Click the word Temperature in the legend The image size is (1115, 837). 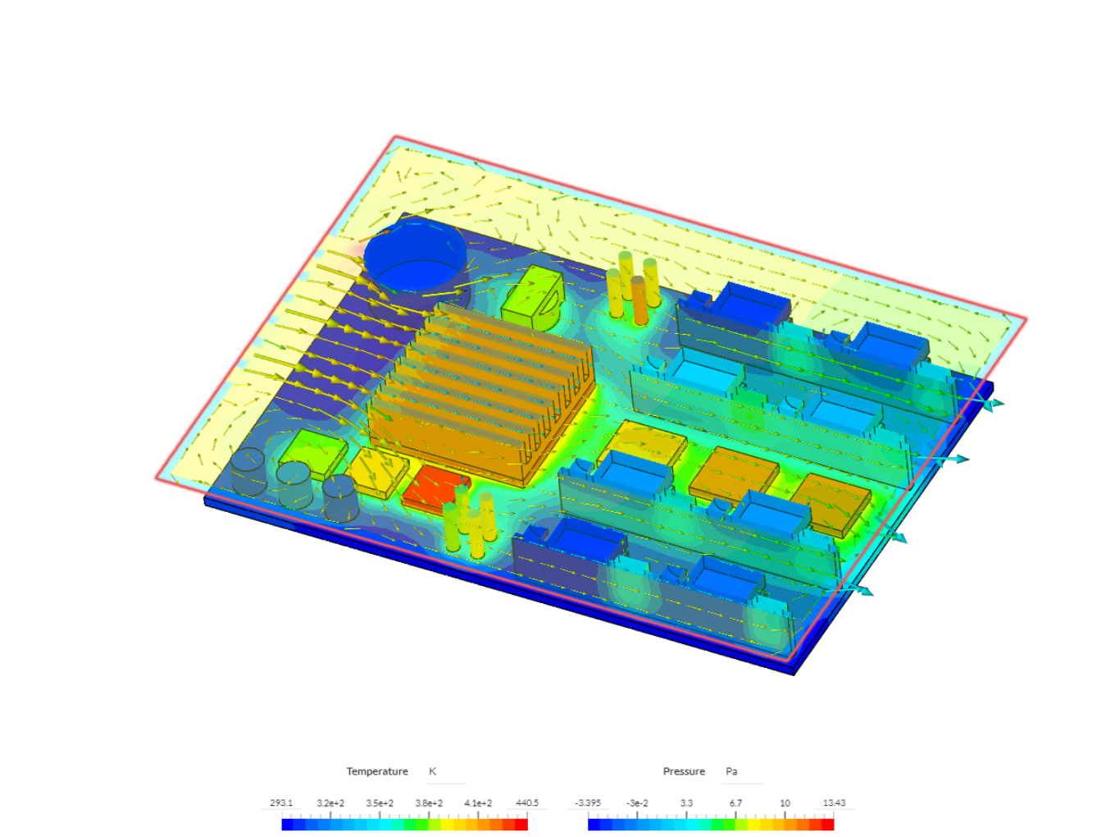coord(376,771)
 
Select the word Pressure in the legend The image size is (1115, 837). coord(684,771)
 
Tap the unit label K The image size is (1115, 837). coord(433,771)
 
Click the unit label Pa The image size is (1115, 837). coord(731,771)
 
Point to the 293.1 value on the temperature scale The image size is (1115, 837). coord(281,803)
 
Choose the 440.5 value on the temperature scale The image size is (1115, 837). coord(527,803)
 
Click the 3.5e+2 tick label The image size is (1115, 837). coord(380,803)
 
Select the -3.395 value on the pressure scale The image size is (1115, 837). coord(588,803)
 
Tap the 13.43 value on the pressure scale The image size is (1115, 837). coord(834,803)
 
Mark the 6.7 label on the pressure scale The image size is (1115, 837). coord(735,803)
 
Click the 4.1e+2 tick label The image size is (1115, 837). coord(478,803)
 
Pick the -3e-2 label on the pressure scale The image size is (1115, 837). coord(637,803)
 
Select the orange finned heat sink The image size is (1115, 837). coord(480,394)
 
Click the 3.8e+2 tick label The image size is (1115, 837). coord(429,803)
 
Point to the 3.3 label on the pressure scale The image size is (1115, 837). coord(686,803)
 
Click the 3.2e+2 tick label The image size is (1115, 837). coord(330,803)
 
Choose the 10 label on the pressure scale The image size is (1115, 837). coord(785,803)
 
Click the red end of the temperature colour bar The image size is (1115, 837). coord(521,824)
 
